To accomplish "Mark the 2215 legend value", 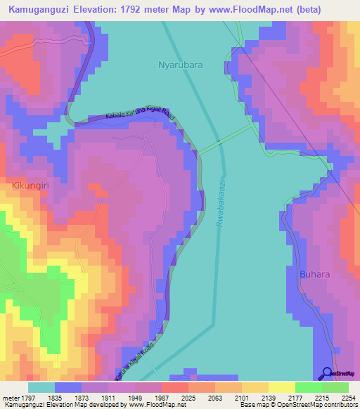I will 321,397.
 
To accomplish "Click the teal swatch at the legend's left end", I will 41,387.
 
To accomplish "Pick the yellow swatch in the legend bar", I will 282,387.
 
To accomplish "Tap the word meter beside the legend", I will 10,397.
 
